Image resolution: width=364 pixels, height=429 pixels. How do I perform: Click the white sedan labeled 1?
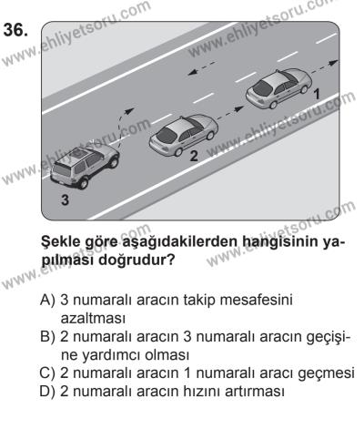pyautogui.click(x=277, y=92)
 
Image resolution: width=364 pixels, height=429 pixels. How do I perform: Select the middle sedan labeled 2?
pyautogui.click(x=183, y=137)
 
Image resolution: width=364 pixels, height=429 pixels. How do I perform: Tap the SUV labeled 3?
pyautogui.click(x=84, y=167)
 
